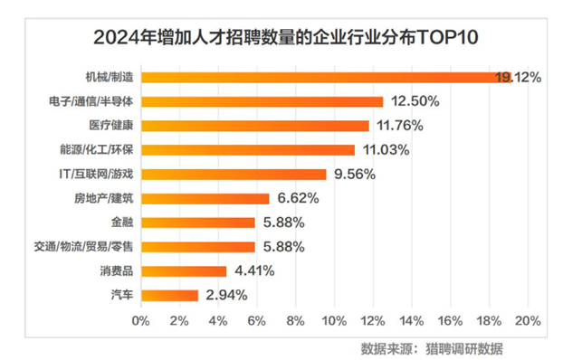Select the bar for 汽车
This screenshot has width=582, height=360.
169,295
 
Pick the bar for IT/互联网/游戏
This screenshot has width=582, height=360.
234,174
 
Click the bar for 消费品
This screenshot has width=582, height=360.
184,270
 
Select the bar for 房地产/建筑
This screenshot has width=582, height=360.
205,198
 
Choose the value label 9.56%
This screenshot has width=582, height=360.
355,174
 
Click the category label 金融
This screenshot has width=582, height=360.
122,223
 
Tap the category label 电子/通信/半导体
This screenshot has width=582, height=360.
92,101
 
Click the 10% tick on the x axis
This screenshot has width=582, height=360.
334,320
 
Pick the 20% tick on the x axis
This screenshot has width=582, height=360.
528,320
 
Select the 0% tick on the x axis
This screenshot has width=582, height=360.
140,320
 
